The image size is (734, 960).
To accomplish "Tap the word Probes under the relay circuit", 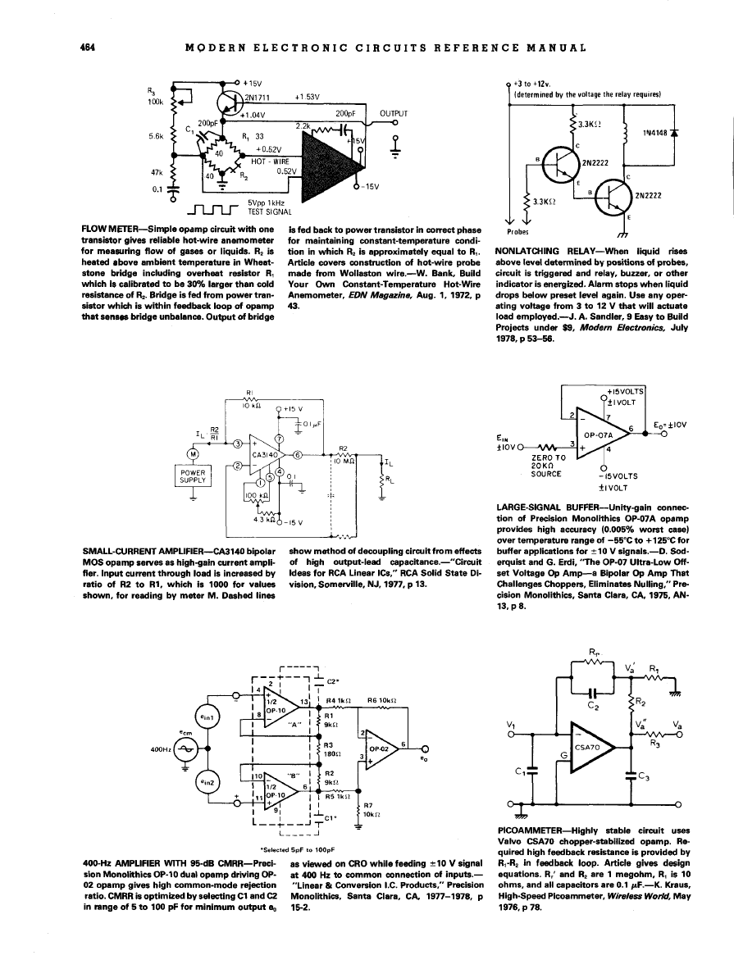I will (522, 230).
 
